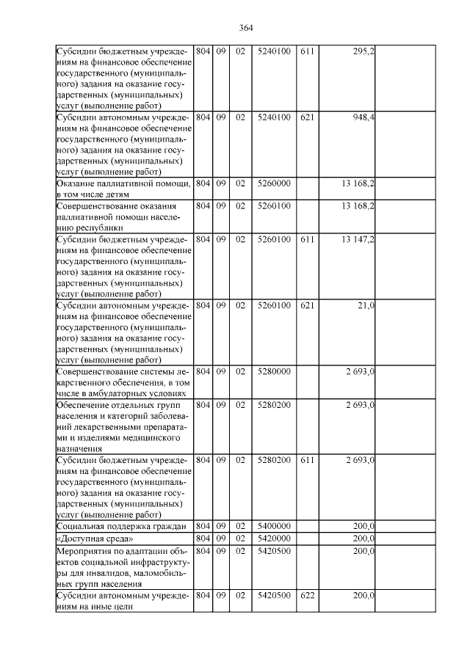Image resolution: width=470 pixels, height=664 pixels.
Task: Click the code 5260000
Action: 274,183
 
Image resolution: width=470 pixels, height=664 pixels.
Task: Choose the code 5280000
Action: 274,371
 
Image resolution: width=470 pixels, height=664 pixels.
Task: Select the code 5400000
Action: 274,525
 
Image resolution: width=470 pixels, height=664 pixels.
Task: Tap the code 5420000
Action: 274,539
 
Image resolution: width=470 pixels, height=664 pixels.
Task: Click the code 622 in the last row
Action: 307,596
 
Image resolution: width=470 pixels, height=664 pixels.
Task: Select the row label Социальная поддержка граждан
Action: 121,526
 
